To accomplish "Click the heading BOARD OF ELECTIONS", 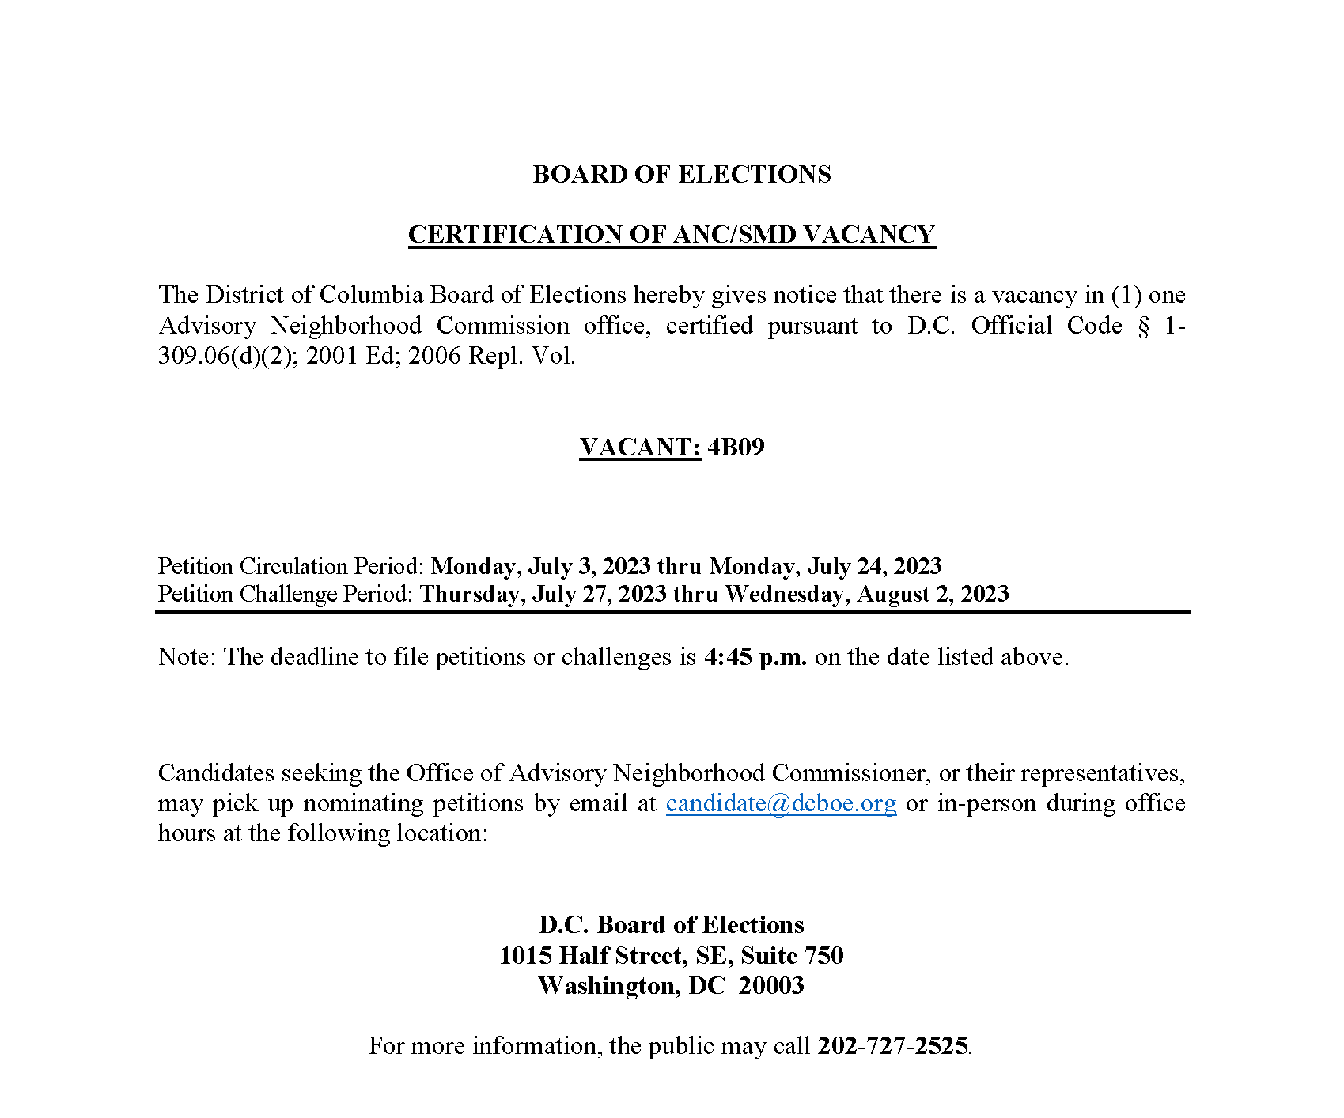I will point(681,174).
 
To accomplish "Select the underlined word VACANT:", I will point(639,447).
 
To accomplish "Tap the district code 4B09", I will point(736,447).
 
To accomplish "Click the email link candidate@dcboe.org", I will point(781,803).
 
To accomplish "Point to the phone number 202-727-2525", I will point(892,1045).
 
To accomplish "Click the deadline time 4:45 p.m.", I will point(755,657).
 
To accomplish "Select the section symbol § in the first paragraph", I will point(1143,326).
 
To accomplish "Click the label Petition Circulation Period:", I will point(292,566).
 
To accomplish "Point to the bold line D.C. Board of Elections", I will point(671,924).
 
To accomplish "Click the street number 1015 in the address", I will point(525,955).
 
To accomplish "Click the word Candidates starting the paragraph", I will point(216,772).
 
